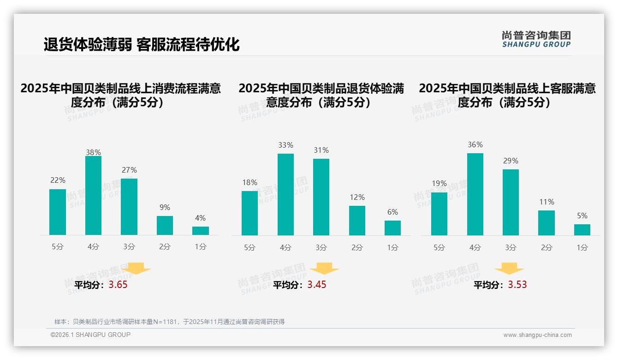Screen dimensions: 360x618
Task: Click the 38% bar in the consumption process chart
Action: (93, 196)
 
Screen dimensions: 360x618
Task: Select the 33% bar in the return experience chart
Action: (285, 194)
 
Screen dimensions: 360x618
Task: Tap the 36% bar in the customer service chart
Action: (475, 194)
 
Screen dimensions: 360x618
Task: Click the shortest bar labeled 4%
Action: (201, 231)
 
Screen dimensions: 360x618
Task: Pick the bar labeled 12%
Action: (357, 221)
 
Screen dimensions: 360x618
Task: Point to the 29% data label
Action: (511, 161)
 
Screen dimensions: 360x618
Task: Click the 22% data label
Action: (58, 180)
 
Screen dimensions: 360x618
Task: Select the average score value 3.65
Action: (118, 285)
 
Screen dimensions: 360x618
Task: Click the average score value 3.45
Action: (317, 285)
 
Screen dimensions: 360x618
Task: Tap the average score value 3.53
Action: (517, 285)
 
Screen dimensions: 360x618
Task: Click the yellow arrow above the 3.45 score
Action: (324, 269)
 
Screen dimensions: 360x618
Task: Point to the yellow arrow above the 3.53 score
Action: (509, 269)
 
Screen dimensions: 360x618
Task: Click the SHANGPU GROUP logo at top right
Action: (536, 39)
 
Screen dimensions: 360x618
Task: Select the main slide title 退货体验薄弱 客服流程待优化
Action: (142, 45)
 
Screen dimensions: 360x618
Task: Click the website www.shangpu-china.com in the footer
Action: (537, 335)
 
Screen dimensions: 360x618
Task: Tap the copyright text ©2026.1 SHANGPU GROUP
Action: (90, 335)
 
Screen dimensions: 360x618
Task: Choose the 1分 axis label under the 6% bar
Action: (393, 248)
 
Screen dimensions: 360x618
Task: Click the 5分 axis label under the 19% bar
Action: (439, 248)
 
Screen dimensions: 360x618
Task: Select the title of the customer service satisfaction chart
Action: (507, 95)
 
